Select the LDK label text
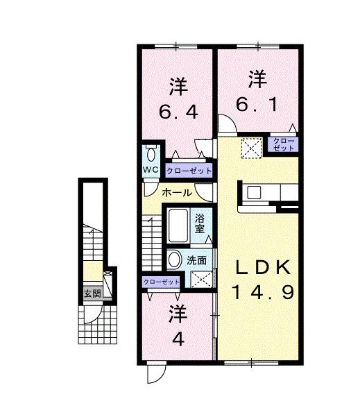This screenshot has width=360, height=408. [261, 269]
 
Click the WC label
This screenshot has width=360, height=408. [151, 169]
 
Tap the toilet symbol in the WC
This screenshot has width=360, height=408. [151, 154]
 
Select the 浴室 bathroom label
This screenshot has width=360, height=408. [200, 221]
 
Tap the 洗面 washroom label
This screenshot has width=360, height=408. [196, 261]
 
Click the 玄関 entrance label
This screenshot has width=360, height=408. [92, 294]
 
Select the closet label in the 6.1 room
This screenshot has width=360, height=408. [283, 144]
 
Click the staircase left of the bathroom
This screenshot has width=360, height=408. [151, 239]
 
